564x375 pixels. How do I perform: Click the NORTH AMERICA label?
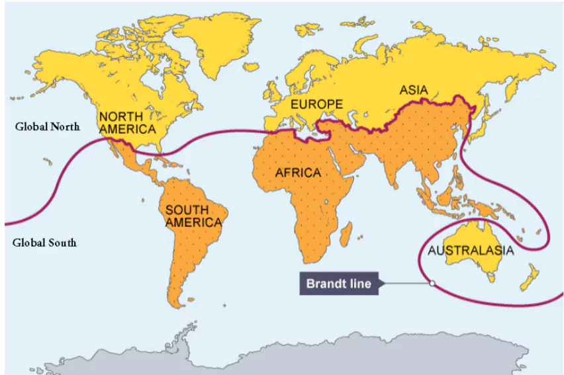point(127,123)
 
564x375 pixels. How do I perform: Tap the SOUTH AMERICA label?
point(193,216)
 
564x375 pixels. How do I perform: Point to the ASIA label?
point(414,90)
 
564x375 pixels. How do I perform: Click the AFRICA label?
point(298,173)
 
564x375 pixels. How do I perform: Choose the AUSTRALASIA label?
point(470,251)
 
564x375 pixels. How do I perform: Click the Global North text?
point(47,127)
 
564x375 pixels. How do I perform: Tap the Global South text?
point(44,243)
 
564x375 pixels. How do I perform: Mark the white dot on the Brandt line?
point(431,283)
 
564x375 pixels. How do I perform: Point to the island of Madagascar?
point(346,231)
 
